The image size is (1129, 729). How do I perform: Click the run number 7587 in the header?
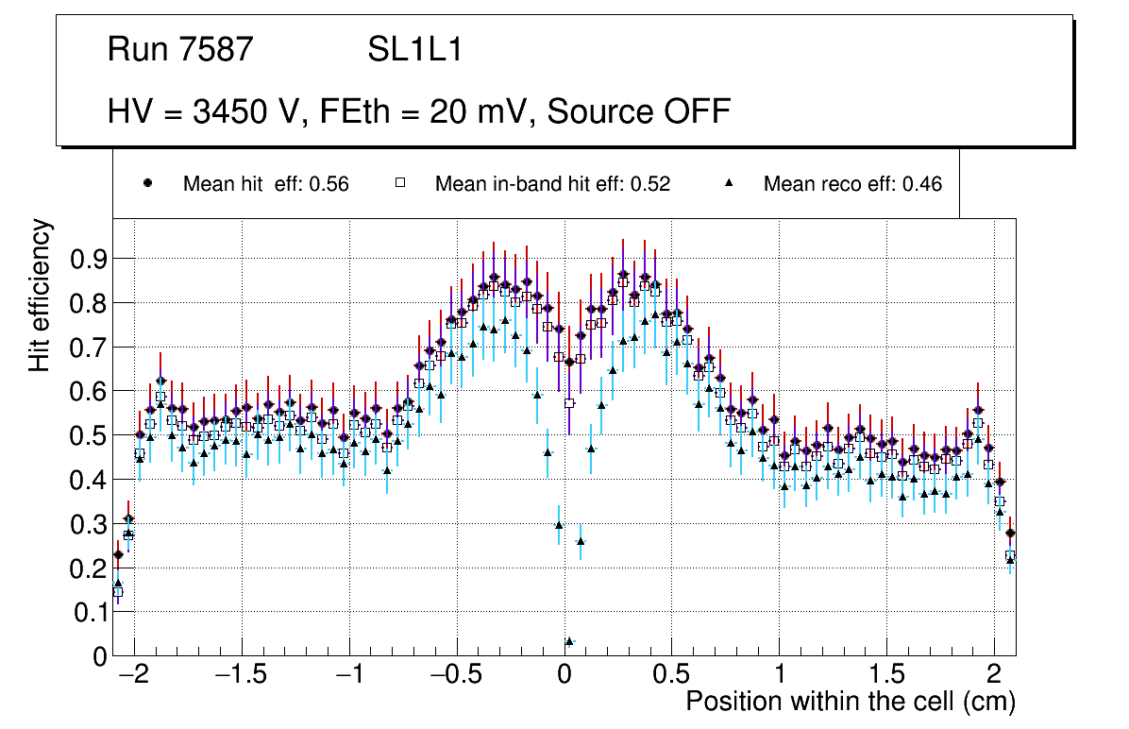[x=217, y=50]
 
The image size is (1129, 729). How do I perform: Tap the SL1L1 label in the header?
[x=414, y=50]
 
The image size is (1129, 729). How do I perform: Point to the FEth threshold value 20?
[x=449, y=111]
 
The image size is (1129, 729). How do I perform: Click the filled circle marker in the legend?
[x=146, y=183]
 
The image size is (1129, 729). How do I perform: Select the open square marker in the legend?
[x=399, y=183]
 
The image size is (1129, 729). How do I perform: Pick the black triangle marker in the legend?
[x=728, y=183]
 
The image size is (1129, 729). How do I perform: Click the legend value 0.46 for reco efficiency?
[x=921, y=184]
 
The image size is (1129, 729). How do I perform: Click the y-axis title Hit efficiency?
[x=41, y=295]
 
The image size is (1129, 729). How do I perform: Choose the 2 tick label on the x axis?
[x=994, y=674]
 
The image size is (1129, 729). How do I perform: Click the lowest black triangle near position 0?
[x=569, y=641]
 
